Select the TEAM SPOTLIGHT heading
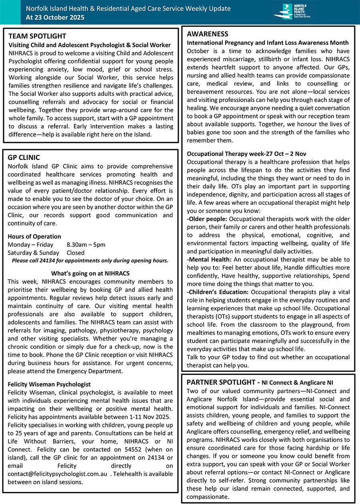[37, 36]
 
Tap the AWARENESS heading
[208, 34]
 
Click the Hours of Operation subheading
[34, 236]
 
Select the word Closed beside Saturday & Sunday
[76, 252]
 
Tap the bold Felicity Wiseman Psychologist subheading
[49, 384]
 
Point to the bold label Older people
[207, 219]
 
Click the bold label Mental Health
[209, 260]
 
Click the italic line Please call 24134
[90, 260]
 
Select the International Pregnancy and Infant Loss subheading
[268, 43]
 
